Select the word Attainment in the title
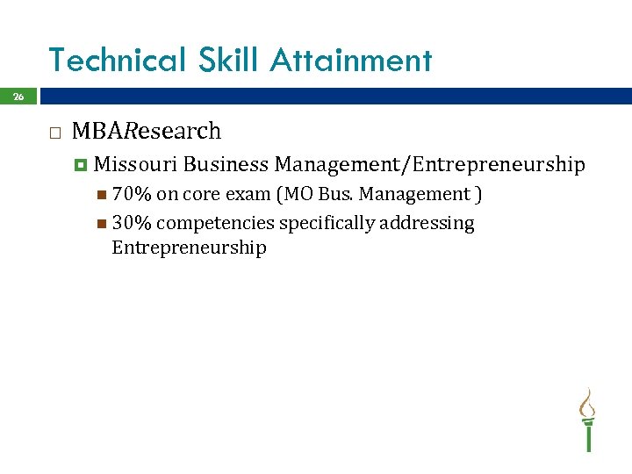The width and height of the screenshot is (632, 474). coord(351,61)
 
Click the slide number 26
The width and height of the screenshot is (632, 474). coord(18,97)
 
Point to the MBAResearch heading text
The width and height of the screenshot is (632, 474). coord(147,132)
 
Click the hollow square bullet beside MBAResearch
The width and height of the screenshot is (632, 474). coord(54,133)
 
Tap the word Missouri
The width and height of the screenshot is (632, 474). coord(136,164)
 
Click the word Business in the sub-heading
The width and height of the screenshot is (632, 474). coord(226,164)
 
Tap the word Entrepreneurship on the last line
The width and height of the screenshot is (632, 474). coord(189,248)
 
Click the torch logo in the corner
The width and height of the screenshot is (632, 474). coord(586,420)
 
